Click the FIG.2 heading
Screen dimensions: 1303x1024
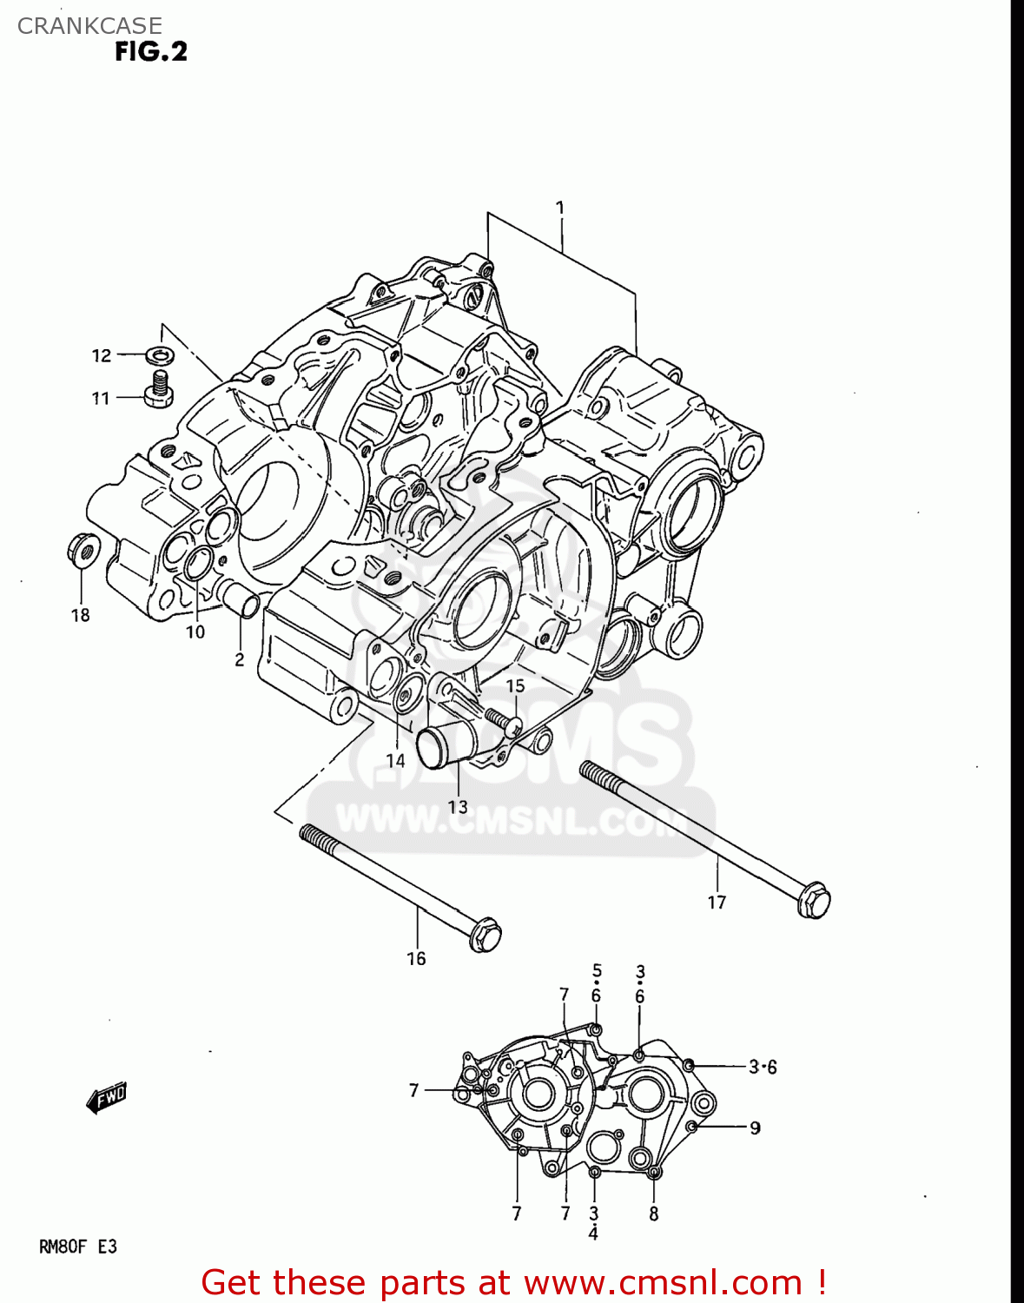(151, 52)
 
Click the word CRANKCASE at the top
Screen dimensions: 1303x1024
(89, 26)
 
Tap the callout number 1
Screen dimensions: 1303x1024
(560, 208)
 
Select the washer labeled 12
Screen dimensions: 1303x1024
(159, 354)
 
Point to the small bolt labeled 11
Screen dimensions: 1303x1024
(158, 388)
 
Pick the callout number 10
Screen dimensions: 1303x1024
(195, 632)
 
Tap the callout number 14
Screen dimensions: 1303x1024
(395, 761)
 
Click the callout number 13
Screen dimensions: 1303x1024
(458, 807)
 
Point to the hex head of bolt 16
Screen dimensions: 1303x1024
(485, 935)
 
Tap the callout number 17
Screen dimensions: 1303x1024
(717, 903)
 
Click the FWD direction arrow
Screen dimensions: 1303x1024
(107, 1098)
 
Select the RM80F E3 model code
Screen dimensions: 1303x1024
(78, 1247)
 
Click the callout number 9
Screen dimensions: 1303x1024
(755, 1128)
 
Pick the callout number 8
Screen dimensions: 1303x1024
(654, 1214)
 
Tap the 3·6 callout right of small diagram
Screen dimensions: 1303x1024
(763, 1067)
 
